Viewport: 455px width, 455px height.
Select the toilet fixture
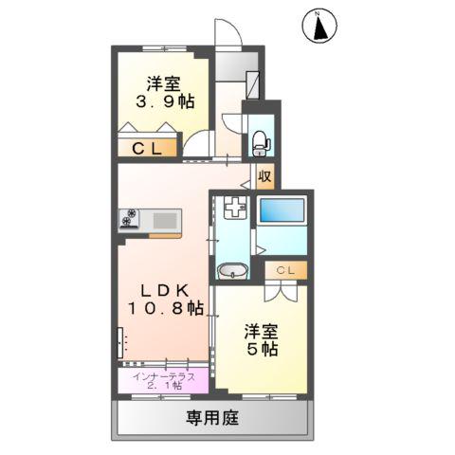[258, 139]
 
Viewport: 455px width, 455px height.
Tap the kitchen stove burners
[129, 219]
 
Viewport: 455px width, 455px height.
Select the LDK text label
[162, 288]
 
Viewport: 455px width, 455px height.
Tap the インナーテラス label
[165, 375]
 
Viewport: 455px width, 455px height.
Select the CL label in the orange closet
[146, 148]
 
